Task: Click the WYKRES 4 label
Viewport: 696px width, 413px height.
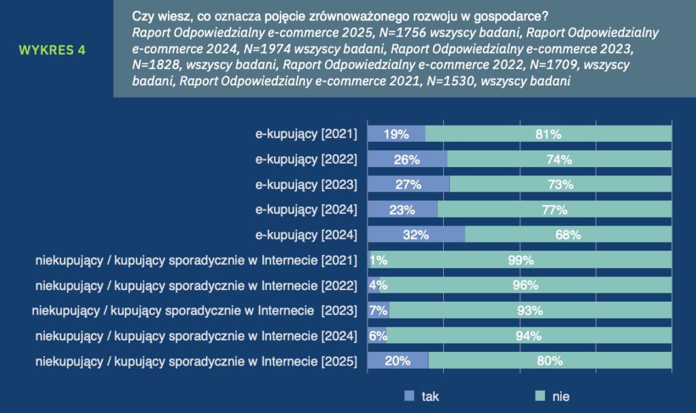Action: click(52, 50)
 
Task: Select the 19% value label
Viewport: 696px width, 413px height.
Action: click(396, 134)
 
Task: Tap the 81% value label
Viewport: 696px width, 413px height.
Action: click(548, 134)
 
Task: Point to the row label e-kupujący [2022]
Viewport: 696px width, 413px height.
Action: click(306, 160)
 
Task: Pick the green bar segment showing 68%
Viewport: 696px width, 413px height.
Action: click(568, 235)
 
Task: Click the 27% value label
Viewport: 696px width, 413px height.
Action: click(408, 185)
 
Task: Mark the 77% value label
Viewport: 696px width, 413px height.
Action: click(554, 210)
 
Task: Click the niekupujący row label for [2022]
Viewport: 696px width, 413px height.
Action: click(196, 285)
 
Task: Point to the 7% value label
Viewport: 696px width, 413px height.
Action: click(378, 310)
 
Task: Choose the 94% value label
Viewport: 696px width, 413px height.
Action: click(528, 336)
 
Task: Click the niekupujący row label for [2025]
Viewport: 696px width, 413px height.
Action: click(196, 361)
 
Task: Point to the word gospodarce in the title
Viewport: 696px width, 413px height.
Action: click(511, 16)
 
